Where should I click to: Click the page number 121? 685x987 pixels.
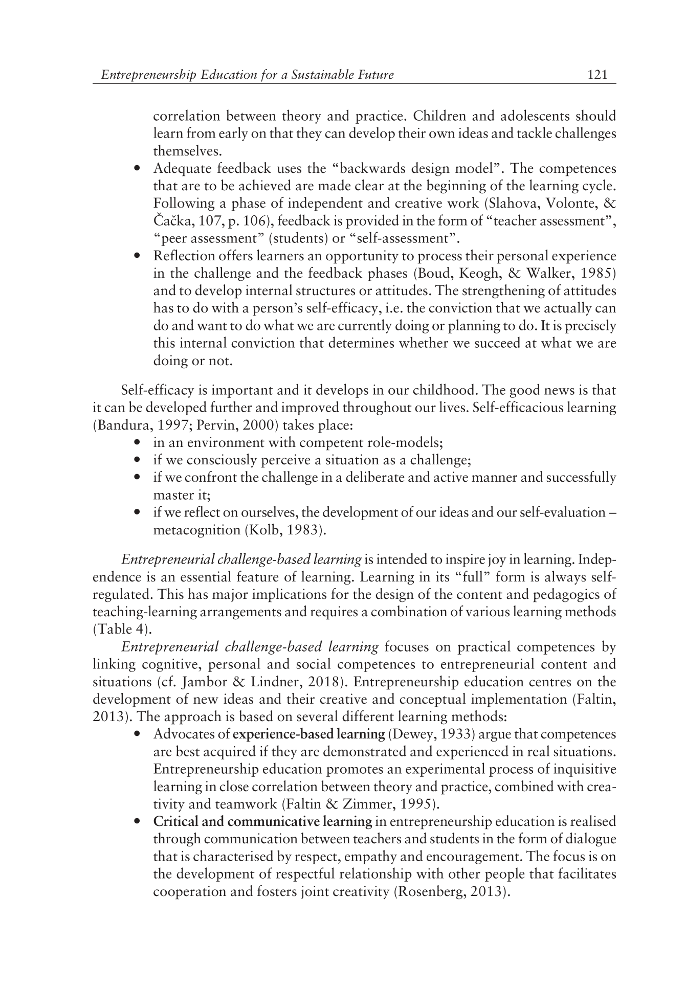[598, 75]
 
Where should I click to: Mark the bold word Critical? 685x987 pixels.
[176, 822]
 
